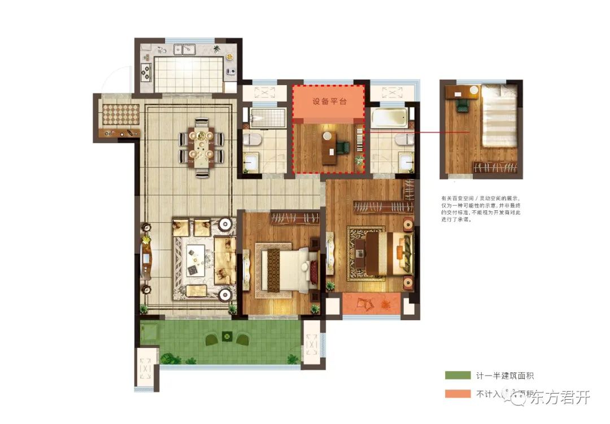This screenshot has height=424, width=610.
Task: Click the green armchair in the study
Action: coord(343,147)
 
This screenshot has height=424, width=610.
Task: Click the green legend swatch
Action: coord(457,376)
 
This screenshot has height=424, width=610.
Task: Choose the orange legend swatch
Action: coord(457,394)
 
